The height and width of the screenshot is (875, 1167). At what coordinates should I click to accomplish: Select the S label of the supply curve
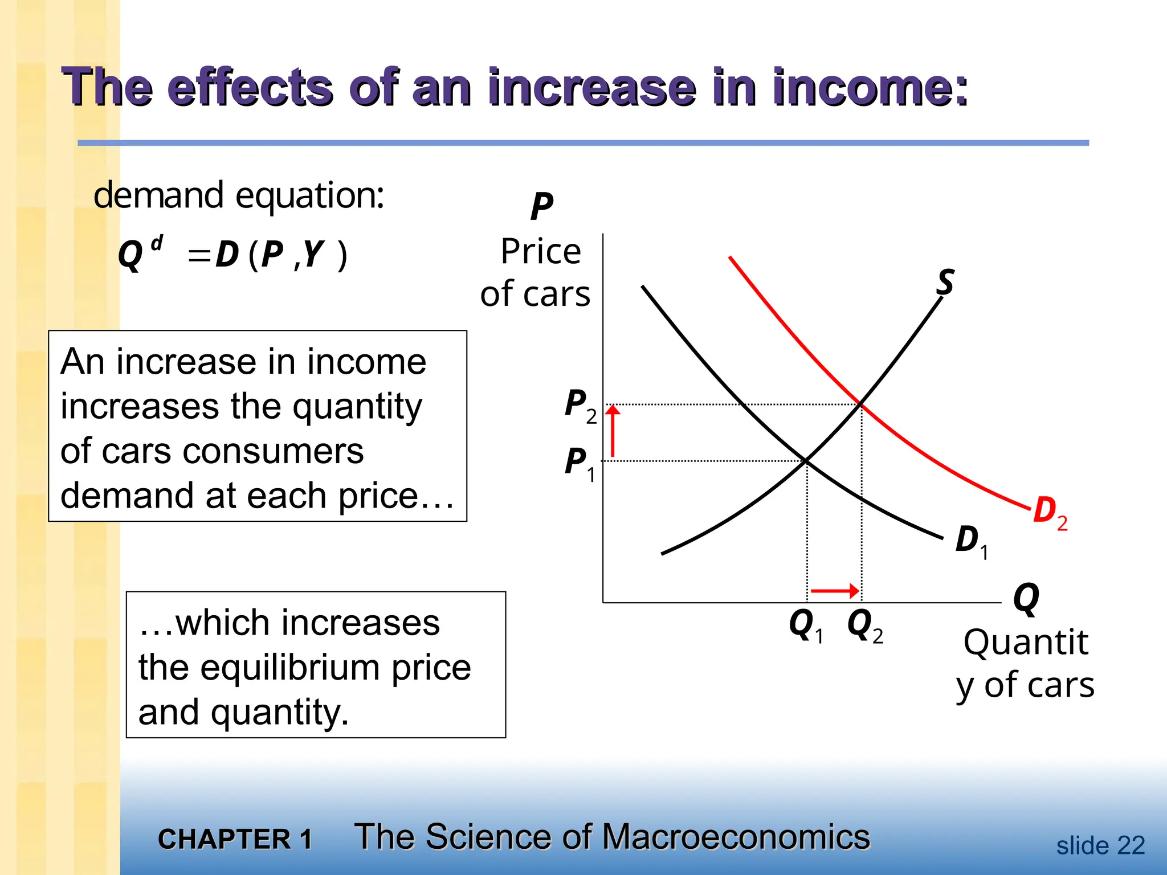945,282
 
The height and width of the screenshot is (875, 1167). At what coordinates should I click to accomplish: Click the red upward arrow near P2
613,431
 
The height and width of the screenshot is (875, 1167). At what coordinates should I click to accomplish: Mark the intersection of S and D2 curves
861,404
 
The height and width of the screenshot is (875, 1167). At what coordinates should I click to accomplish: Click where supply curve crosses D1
807,460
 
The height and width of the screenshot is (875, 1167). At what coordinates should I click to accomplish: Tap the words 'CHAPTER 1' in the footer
235,839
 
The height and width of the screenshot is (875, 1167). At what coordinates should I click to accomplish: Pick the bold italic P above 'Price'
541,206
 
